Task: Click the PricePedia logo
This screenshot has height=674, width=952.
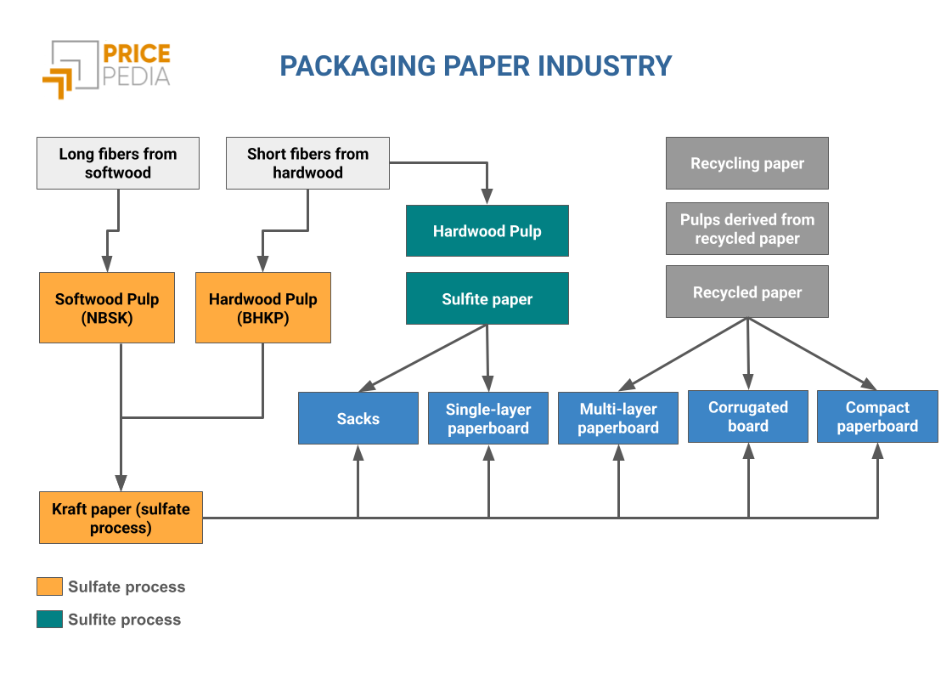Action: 105,67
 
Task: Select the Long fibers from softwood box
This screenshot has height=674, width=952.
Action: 118,163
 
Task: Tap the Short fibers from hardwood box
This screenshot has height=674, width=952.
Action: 307,163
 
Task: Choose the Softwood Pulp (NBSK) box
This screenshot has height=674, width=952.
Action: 107,308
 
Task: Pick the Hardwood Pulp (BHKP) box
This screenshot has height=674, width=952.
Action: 263,308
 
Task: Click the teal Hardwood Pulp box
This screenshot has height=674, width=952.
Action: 487,231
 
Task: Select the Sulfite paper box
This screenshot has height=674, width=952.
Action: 487,299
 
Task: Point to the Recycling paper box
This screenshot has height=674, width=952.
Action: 747,163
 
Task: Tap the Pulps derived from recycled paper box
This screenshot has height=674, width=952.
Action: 747,229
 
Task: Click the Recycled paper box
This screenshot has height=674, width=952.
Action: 747,292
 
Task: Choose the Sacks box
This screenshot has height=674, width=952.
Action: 358,418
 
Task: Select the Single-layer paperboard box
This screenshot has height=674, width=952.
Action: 488,418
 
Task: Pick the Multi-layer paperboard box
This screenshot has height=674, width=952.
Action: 618,418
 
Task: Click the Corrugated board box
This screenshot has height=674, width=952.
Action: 748,416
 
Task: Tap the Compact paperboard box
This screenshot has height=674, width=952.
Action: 877,416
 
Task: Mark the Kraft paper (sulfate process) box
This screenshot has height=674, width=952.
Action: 121,518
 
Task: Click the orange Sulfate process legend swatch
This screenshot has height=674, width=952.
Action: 50,586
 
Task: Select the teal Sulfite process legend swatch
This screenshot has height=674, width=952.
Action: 50,620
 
